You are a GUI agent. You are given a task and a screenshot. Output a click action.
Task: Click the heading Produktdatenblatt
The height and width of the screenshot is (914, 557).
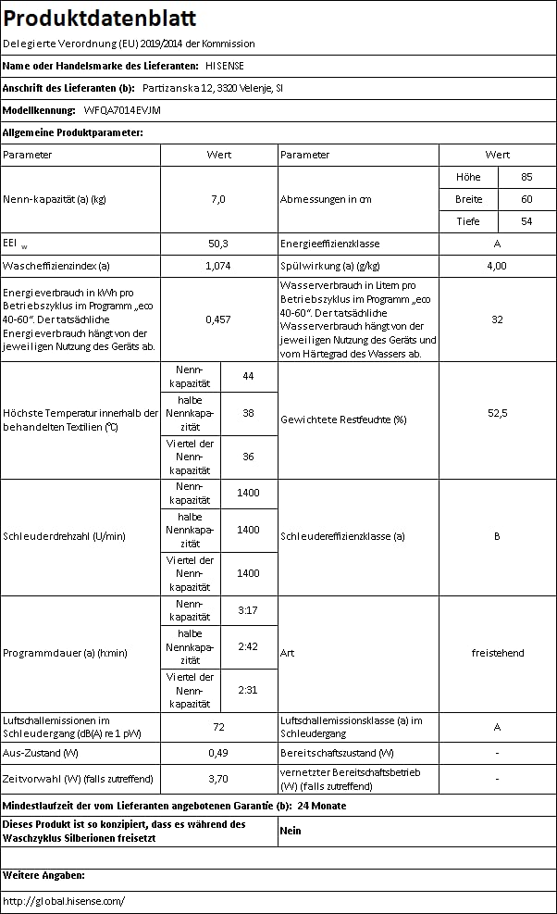[100, 19]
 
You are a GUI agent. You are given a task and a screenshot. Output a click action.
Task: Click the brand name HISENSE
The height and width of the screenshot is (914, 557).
[225, 66]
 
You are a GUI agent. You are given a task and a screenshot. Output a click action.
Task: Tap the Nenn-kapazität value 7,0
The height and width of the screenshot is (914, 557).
[218, 199]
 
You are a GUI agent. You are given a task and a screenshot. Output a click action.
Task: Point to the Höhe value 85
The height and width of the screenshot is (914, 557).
[526, 177]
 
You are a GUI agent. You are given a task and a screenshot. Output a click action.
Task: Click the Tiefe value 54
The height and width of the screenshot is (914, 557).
[526, 221]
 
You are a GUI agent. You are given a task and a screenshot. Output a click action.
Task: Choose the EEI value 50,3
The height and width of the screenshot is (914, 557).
[218, 244]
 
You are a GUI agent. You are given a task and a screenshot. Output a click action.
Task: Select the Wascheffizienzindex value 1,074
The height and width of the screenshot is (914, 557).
[218, 266]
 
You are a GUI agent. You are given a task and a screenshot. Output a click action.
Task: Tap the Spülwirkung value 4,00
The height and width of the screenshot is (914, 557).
[497, 266]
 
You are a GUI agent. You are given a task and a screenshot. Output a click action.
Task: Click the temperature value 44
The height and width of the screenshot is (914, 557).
[248, 376]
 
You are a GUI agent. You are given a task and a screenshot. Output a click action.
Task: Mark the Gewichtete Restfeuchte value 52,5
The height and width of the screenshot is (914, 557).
[497, 413]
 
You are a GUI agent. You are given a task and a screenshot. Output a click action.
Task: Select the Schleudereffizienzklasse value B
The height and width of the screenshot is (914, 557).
[497, 535]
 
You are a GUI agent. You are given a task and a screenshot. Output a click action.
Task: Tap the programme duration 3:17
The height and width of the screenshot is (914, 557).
[248, 610]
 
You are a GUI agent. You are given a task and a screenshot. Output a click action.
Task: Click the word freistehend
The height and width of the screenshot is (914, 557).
[497, 653]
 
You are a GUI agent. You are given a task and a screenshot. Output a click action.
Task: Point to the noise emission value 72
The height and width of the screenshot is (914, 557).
[218, 728]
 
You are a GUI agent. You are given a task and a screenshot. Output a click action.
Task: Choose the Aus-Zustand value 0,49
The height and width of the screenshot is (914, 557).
[218, 753]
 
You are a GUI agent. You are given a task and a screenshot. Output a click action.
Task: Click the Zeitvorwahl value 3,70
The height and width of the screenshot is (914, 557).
[218, 779]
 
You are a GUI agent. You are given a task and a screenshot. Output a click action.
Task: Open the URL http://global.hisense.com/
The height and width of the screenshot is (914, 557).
[64, 900]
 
